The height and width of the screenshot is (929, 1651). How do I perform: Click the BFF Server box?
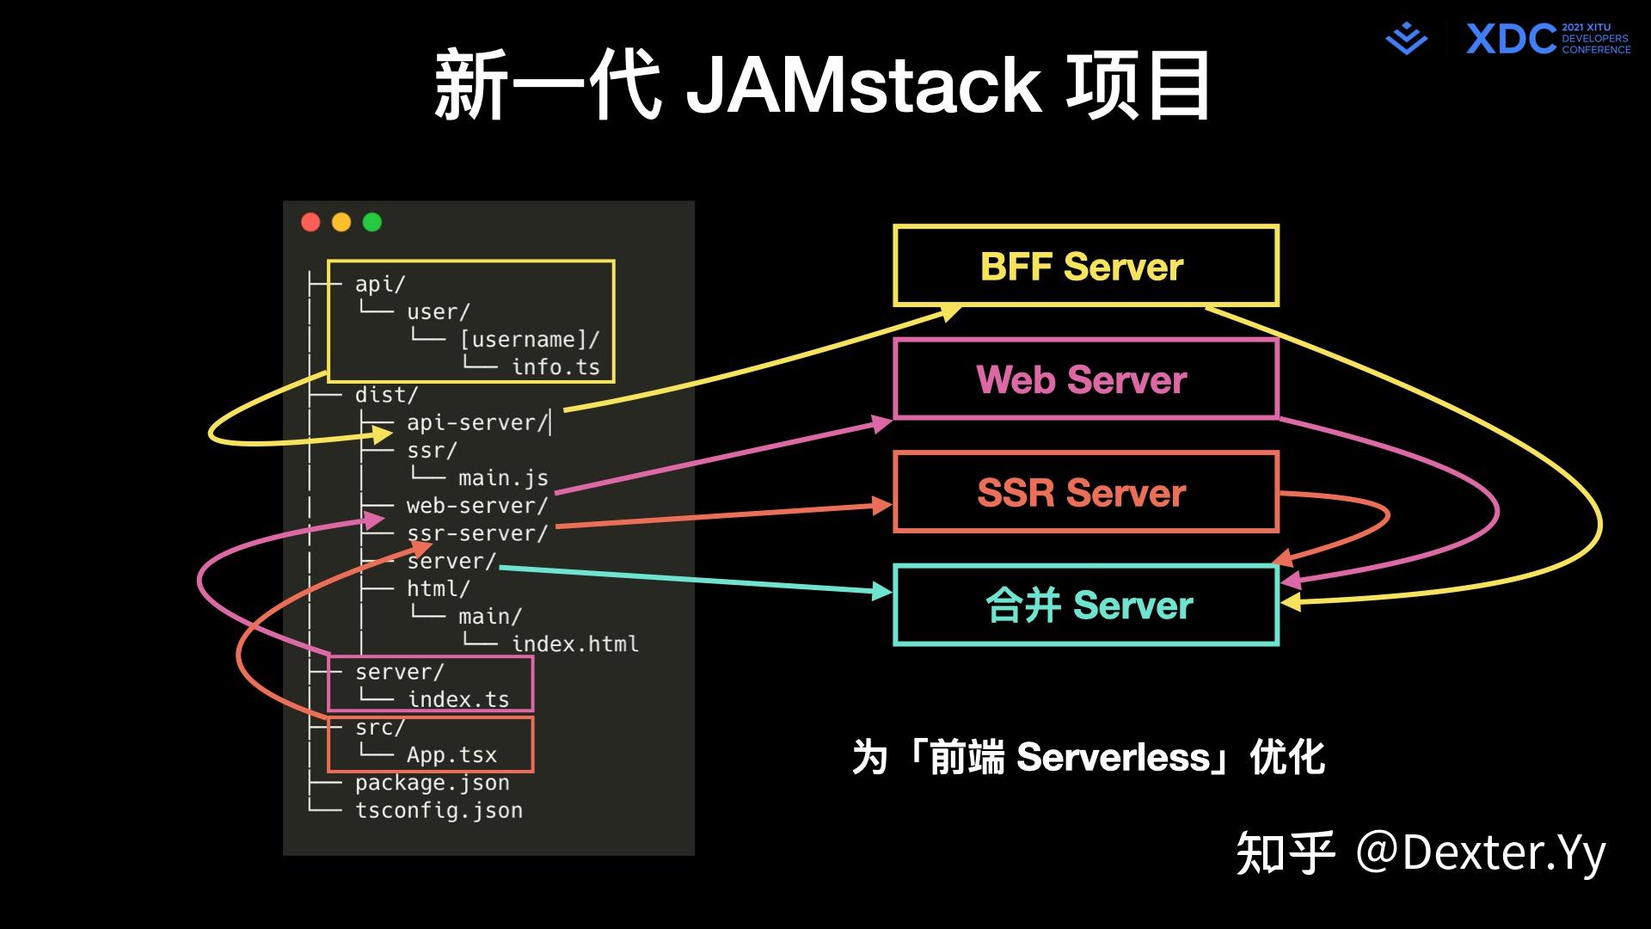pyautogui.click(x=1085, y=266)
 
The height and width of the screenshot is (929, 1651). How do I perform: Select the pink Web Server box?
pyautogui.click(x=1085, y=379)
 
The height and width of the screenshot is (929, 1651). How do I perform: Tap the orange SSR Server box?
pyautogui.click(x=1085, y=492)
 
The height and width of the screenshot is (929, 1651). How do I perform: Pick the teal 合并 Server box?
pyautogui.click(x=1085, y=605)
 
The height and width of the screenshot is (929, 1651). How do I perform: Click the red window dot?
pyautogui.click(x=310, y=223)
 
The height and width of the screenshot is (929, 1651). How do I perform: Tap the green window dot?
pyautogui.click(x=372, y=223)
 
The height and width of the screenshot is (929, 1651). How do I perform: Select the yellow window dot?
pyautogui.click(x=341, y=223)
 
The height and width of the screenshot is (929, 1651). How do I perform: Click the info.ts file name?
pyautogui.click(x=555, y=367)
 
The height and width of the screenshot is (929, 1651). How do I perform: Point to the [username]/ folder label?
pyautogui.click(x=529, y=340)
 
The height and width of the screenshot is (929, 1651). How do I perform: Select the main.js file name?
pyautogui.click(x=503, y=478)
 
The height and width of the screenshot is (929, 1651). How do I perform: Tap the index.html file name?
pyautogui.click(x=574, y=643)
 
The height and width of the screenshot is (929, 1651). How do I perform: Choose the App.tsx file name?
pyautogui.click(x=451, y=754)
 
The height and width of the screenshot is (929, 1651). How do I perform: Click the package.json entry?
pyautogui.click(x=432, y=783)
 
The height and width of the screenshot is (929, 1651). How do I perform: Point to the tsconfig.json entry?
pyautogui.click(x=439, y=810)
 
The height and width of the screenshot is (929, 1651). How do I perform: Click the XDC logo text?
pyautogui.click(x=1510, y=40)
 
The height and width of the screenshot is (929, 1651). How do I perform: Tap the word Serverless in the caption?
pyautogui.click(x=1114, y=758)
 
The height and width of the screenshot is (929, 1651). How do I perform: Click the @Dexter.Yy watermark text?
pyautogui.click(x=1480, y=852)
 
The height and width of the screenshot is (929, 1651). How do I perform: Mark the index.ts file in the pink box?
pyautogui.click(x=458, y=699)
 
